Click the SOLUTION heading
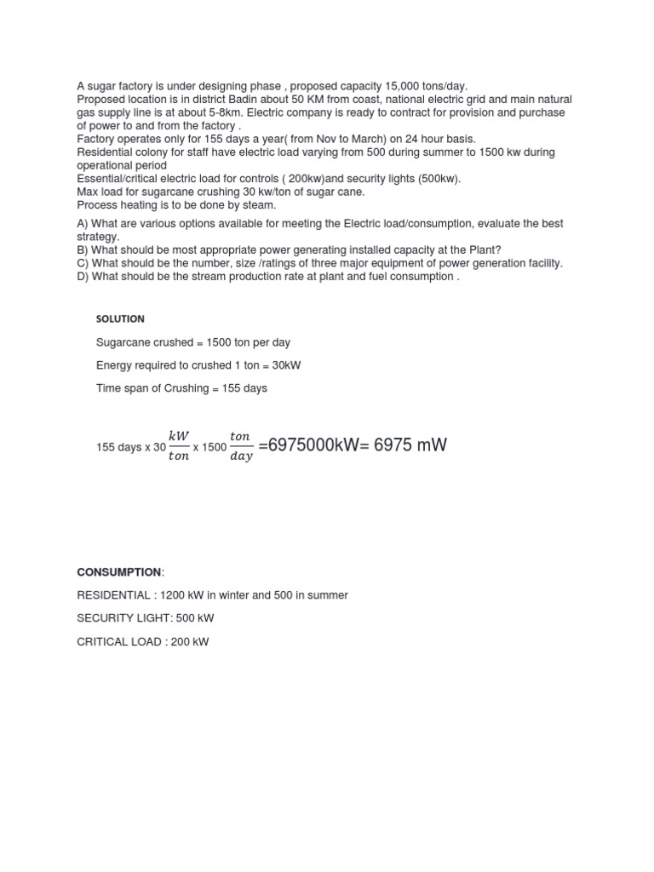(x=120, y=318)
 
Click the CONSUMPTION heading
(x=118, y=572)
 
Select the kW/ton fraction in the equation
(x=179, y=445)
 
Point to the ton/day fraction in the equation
(x=240, y=445)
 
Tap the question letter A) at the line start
(x=83, y=224)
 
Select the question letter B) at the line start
(x=83, y=250)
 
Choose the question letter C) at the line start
(x=83, y=263)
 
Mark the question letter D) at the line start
(x=83, y=277)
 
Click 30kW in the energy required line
(x=285, y=365)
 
